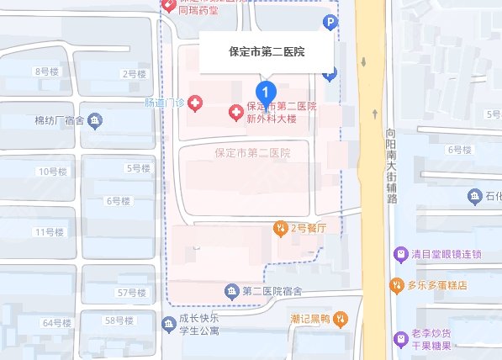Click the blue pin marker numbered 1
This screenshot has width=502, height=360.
[266, 90]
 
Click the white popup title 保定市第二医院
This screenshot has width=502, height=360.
[267, 52]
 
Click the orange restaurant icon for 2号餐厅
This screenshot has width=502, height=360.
[280, 228]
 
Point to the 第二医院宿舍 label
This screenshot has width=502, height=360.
[272, 291]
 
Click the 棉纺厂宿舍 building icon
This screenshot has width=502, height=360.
[94, 120]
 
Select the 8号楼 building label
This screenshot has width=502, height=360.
[46, 71]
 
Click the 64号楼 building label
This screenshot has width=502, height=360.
[57, 323]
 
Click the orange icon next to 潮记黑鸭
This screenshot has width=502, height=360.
[340, 318]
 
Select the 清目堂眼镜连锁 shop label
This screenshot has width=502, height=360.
[449, 254]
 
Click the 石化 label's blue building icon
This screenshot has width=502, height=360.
[473, 196]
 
